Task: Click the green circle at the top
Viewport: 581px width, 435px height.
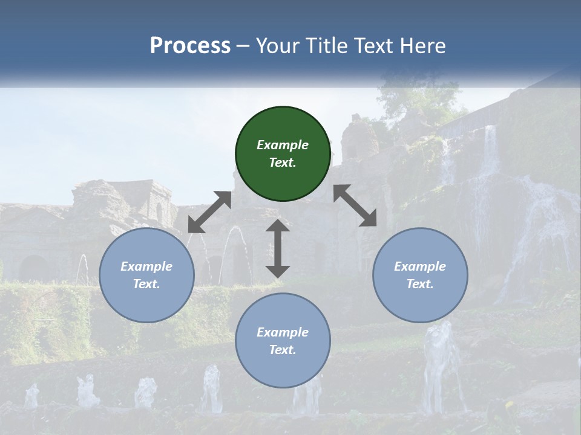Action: point(283,153)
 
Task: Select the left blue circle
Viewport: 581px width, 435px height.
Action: point(146,275)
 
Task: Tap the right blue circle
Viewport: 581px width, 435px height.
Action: point(420,275)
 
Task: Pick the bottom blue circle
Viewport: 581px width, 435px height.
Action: point(283,341)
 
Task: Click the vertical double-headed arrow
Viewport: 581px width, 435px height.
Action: point(278,249)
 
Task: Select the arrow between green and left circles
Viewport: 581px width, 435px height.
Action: point(209,212)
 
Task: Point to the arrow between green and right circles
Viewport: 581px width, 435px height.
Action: point(355,205)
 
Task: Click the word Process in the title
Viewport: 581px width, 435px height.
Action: point(190,45)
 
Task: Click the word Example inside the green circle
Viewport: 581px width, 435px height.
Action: point(283,145)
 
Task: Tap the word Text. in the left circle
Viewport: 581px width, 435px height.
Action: point(146,284)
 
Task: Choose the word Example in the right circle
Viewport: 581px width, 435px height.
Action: point(420,266)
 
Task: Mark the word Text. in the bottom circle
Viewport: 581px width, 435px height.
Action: point(283,350)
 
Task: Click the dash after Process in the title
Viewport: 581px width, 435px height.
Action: point(243,46)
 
